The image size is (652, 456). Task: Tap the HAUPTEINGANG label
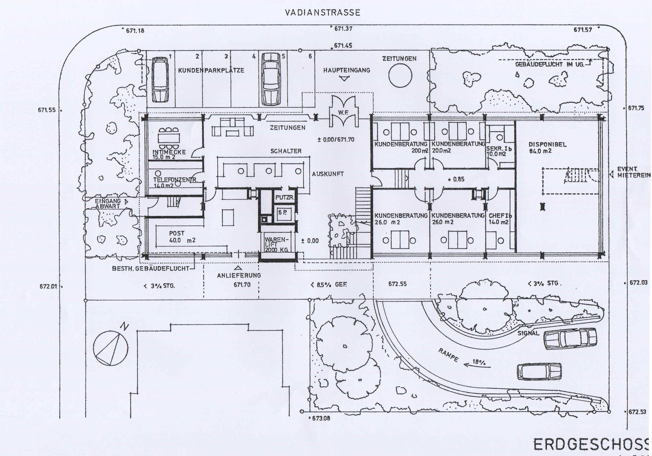346,70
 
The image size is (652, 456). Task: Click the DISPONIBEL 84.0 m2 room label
544,148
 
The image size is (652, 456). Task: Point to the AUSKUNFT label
328,174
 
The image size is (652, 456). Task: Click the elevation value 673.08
321,418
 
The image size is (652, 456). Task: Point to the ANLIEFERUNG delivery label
239,275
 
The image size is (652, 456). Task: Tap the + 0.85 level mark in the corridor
456,179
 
